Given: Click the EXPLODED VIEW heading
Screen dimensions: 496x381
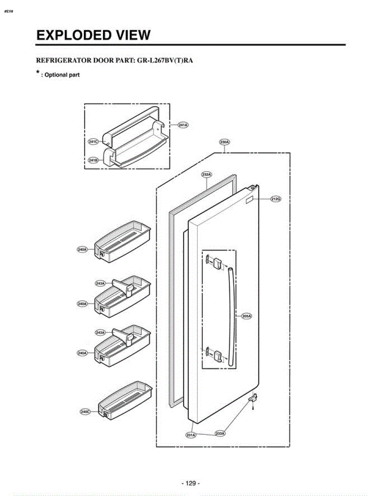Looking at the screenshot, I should point(93,36).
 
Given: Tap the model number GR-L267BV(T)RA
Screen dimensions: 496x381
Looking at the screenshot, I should point(165,60).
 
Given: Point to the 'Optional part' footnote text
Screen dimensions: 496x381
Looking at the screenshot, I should point(62,75).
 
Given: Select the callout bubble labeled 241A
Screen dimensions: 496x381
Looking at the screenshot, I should point(183,124).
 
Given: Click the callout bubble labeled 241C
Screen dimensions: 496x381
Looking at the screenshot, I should point(94,142).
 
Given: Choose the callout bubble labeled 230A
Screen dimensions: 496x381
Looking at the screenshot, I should point(224,142).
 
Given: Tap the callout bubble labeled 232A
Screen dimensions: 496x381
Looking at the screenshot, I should point(207,174).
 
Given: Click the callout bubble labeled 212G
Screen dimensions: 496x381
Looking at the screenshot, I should point(276,199).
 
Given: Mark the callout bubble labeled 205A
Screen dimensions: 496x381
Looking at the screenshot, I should point(247,316).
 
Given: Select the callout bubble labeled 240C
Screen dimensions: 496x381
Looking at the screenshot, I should point(86,412).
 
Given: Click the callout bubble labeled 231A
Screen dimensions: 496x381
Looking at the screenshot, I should point(191,434).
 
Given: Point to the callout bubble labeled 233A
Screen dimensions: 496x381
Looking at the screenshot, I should point(220,434).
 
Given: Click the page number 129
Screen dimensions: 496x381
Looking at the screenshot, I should point(190,483).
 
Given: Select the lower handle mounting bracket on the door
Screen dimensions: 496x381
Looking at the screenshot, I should point(216,355).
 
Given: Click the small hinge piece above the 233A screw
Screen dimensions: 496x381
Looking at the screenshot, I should point(253,398).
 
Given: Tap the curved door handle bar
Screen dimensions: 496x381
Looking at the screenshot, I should point(231,316).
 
